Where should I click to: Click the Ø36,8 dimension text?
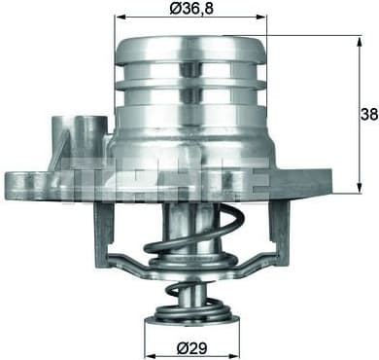click(190, 10)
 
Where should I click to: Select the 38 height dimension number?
click(366, 114)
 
